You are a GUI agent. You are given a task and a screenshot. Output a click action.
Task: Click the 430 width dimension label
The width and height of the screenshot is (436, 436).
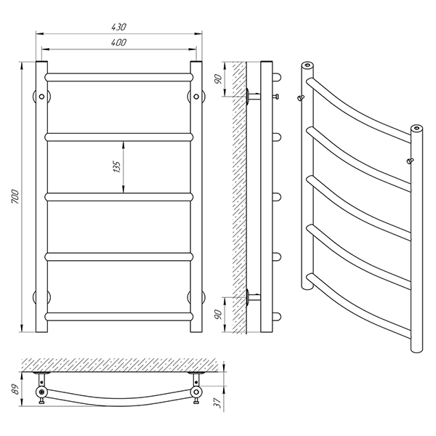point(118,27)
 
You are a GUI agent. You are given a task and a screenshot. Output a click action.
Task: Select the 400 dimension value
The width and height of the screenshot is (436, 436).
point(118,42)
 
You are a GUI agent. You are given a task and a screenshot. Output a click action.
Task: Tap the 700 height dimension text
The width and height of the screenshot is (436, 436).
point(15,196)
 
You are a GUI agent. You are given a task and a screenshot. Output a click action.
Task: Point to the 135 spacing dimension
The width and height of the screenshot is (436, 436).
point(117,166)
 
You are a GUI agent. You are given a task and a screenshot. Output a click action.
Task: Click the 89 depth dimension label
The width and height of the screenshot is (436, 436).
point(16,389)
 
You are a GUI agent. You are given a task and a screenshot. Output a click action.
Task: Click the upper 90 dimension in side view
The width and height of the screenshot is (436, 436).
point(219,79)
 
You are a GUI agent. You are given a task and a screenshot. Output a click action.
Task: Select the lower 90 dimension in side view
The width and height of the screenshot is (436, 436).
point(219,314)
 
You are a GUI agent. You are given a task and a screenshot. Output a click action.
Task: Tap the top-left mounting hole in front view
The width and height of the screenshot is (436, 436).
point(41,97)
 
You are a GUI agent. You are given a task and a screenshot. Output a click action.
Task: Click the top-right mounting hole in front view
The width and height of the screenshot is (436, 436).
point(196,97)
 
